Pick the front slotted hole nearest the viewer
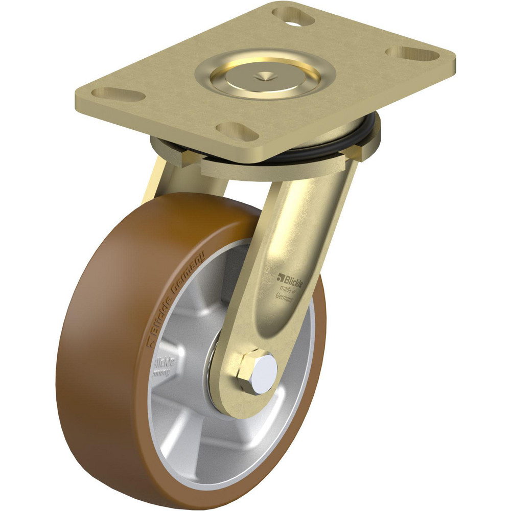point(237,131)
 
